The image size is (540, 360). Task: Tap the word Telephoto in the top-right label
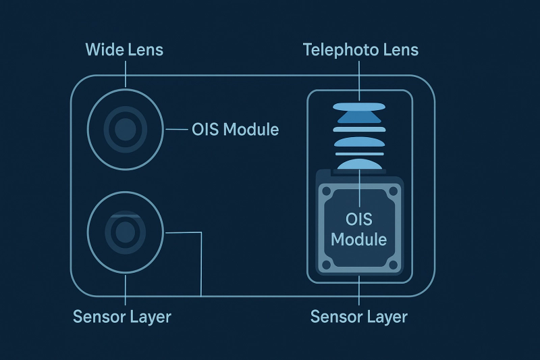coord(336,50)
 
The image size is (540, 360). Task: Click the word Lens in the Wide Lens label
coord(145,50)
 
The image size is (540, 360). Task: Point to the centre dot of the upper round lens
coord(126,128)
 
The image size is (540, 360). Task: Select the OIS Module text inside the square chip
coord(359,230)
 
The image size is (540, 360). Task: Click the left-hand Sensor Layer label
coord(122,317)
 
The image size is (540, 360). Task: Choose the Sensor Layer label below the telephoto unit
coord(359,317)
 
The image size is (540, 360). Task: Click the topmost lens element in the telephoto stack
coord(359,106)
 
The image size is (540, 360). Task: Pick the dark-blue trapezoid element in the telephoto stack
coord(359,118)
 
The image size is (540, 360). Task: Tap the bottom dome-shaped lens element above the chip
coord(359,164)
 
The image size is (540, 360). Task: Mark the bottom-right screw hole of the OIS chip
coord(392,265)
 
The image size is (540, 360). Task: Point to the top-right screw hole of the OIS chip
coord(392,193)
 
